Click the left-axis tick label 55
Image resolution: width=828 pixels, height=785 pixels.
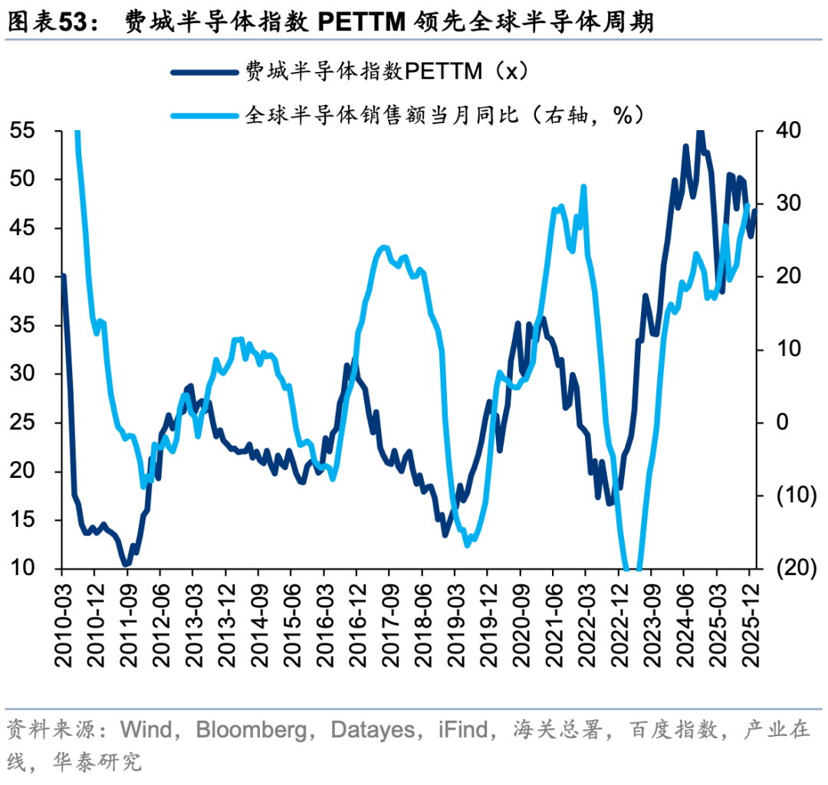click(22, 131)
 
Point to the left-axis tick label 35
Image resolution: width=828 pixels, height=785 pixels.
click(22, 325)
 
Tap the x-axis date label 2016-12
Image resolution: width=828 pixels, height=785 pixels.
click(356, 620)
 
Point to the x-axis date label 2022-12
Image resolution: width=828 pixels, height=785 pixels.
click(617, 620)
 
